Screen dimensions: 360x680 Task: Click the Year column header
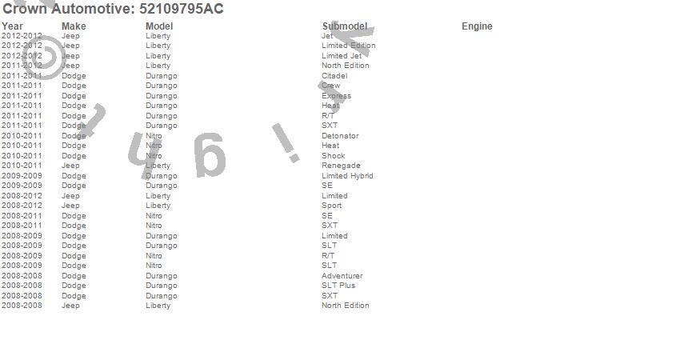(12, 26)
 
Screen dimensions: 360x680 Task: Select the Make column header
(74, 26)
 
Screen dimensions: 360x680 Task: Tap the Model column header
(159, 26)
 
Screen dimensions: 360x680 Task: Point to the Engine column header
(477, 26)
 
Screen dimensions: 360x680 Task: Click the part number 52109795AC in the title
(182, 9)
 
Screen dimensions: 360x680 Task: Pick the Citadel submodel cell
(334, 76)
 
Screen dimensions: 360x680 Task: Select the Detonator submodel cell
(340, 136)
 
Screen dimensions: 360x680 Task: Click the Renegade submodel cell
(341, 166)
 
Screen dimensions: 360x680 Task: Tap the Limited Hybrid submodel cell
(347, 176)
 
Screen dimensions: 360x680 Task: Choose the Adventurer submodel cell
(342, 276)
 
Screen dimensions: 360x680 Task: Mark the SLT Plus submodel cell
(338, 286)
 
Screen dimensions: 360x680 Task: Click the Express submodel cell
(336, 96)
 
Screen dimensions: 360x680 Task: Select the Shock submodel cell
(333, 156)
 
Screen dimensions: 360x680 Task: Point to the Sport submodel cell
(331, 206)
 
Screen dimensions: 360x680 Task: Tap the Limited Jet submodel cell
(341, 56)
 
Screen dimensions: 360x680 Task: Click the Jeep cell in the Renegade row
(70, 166)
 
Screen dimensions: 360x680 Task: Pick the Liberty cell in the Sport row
(158, 206)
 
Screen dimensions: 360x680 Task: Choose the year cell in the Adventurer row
(22, 276)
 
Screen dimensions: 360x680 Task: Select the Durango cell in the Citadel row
(162, 76)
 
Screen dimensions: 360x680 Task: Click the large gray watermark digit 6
(210, 155)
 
